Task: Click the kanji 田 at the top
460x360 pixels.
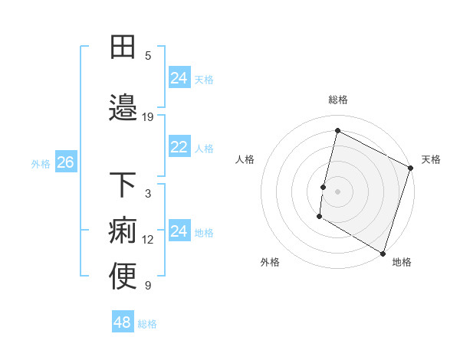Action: pos(123,47)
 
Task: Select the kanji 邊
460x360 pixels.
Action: pos(123,106)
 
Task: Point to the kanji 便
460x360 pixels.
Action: pos(123,277)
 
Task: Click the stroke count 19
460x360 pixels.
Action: pos(148,117)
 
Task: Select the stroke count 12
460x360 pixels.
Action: pos(148,240)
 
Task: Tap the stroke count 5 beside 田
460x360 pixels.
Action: pos(148,56)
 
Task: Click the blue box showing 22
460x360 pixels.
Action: pos(179,147)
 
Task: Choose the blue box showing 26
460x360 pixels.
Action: pos(65,162)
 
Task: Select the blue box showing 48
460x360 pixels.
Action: pos(122,322)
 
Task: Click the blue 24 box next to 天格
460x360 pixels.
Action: pos(179,78)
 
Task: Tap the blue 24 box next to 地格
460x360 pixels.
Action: pos(179,231)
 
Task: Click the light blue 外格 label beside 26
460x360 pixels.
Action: pos(41,163)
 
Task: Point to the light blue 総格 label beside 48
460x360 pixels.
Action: pos(147,323)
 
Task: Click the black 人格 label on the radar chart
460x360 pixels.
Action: pos(245,159)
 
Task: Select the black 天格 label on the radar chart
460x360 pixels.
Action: pos(431,159)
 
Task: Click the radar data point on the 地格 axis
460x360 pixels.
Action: pos(383,253)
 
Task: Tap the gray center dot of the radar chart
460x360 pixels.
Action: pos(337,191)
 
